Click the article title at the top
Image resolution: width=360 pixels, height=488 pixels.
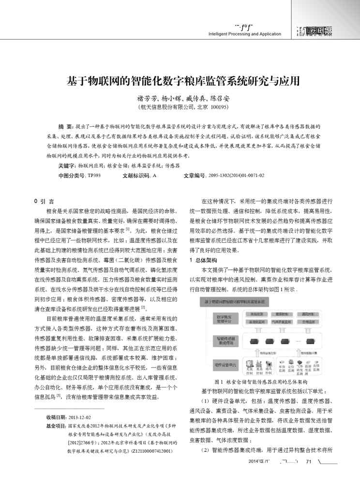coord(182,80)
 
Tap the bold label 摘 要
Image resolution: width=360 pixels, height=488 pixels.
coord(65,125)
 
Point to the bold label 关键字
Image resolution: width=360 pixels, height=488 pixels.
coord(67,165)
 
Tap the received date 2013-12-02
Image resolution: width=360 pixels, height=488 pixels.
coord(80,417)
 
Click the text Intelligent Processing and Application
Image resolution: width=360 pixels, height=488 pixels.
coord(244,34)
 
